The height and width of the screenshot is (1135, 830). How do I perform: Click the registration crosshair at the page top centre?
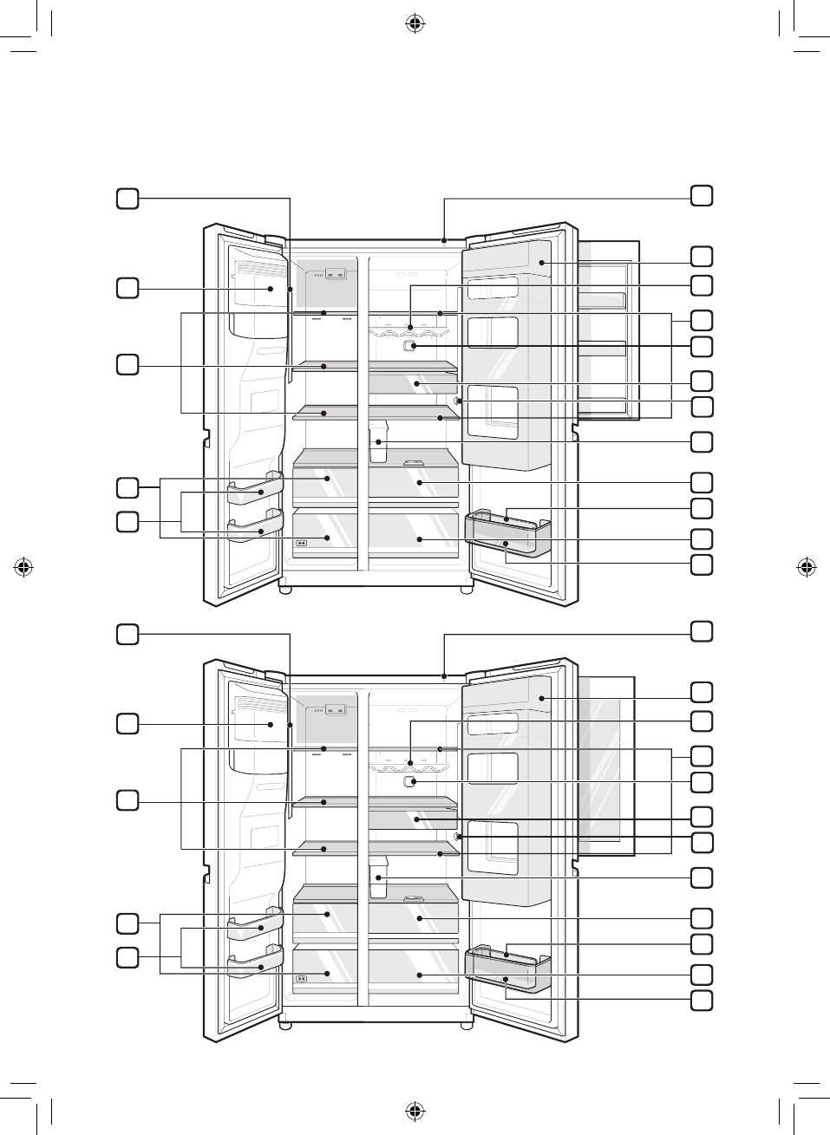pyautogui.click(x=415, y=24)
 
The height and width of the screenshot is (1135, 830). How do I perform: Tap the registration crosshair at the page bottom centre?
pyautogui.click(x=415, y=1110)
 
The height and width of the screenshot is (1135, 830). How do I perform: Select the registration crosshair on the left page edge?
pyautogui.click(x=24, y=567)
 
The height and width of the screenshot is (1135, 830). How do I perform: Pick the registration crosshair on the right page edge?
pyautogui.click(x=806, y=567)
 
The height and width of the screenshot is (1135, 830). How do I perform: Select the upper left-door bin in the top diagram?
pyautogui.click(x=256, y=492)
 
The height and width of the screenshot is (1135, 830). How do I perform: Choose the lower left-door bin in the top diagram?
pyautogui.click(x=256, y=529)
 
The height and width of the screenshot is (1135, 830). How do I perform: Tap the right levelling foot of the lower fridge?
pyautogui.click(x=467, y=1026)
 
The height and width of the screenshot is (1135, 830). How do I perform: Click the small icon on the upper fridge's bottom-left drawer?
pyautogui.click(x=302, y=544)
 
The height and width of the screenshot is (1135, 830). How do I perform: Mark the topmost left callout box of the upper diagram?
pyautogui.click(x=127, y=199)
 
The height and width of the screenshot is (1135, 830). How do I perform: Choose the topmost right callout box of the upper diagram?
pyautogui.click(x=702, y=195)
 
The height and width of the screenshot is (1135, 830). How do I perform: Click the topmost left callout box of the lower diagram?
pyautogui.click(x=127, y=635)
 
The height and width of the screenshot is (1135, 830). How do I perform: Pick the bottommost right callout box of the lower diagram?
pyautogui.click(x=702, y=1001)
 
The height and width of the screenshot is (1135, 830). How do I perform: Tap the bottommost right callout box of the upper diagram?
pyautogui.click(x=702, y=564)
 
